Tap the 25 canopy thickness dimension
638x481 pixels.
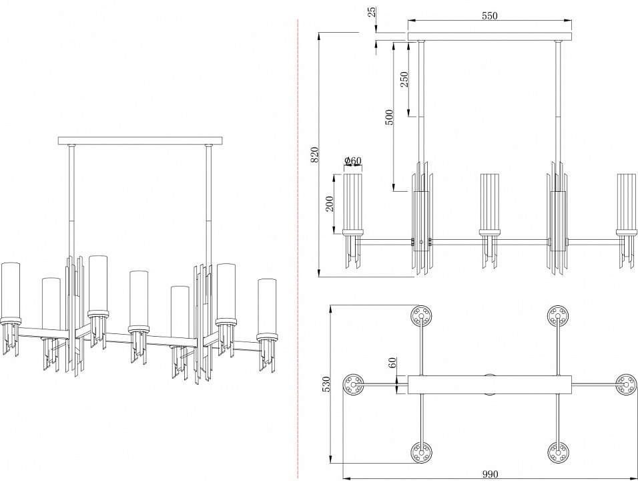(x=371, y=12)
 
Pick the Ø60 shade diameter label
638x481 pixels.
(x=352, y=160)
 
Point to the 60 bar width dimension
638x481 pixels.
(x=393, y=363)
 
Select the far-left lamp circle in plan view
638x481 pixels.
(x=354, y=384)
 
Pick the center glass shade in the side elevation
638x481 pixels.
(x=490, y=200)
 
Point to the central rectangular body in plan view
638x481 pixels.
(x=490, y=385)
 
